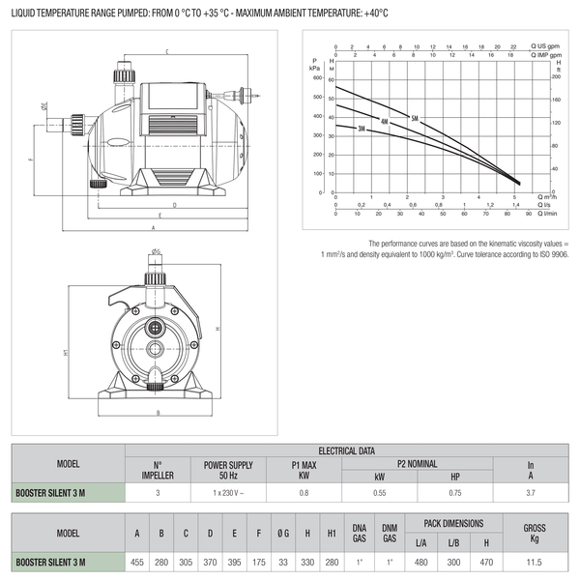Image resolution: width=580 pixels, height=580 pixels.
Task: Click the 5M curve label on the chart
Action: pos(416,118)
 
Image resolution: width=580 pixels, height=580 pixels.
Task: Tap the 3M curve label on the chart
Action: pos(362,129)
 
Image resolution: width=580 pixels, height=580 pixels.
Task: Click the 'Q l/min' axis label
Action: pos(549,214)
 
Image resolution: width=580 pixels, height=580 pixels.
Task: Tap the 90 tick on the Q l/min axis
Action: pos(529,214)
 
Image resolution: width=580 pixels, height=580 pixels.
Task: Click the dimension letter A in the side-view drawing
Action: pos(154,227)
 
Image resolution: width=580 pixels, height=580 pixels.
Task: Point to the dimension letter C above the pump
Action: pos(167,50)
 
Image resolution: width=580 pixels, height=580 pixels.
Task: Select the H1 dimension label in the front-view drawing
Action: pos(65,354)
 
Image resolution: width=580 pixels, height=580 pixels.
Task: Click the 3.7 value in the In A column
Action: pos(530,493)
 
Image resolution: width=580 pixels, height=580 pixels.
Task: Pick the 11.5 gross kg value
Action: pos(534,562)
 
